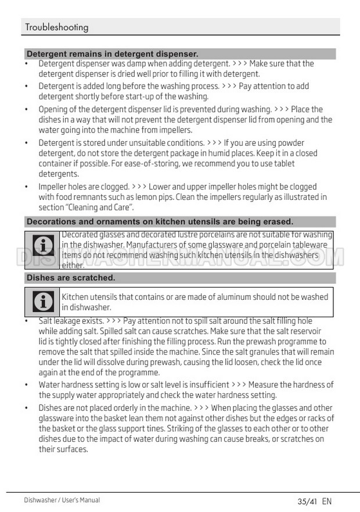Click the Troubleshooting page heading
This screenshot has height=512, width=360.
click(56, 27)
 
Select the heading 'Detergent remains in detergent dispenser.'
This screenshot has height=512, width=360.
click(112, 54)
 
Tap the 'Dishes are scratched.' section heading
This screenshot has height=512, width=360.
click(71, 278)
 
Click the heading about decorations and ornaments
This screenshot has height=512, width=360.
click(160, 221)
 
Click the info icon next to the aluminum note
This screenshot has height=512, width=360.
click(42, 301)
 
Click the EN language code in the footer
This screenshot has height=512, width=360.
click(326, 501)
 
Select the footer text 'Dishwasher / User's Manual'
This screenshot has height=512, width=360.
click(62, 500)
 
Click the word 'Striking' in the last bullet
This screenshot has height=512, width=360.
click(181, 429)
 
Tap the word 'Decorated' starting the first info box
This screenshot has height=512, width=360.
click(80, 234)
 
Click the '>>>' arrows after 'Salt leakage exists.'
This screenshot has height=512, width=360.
click(113, 321)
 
